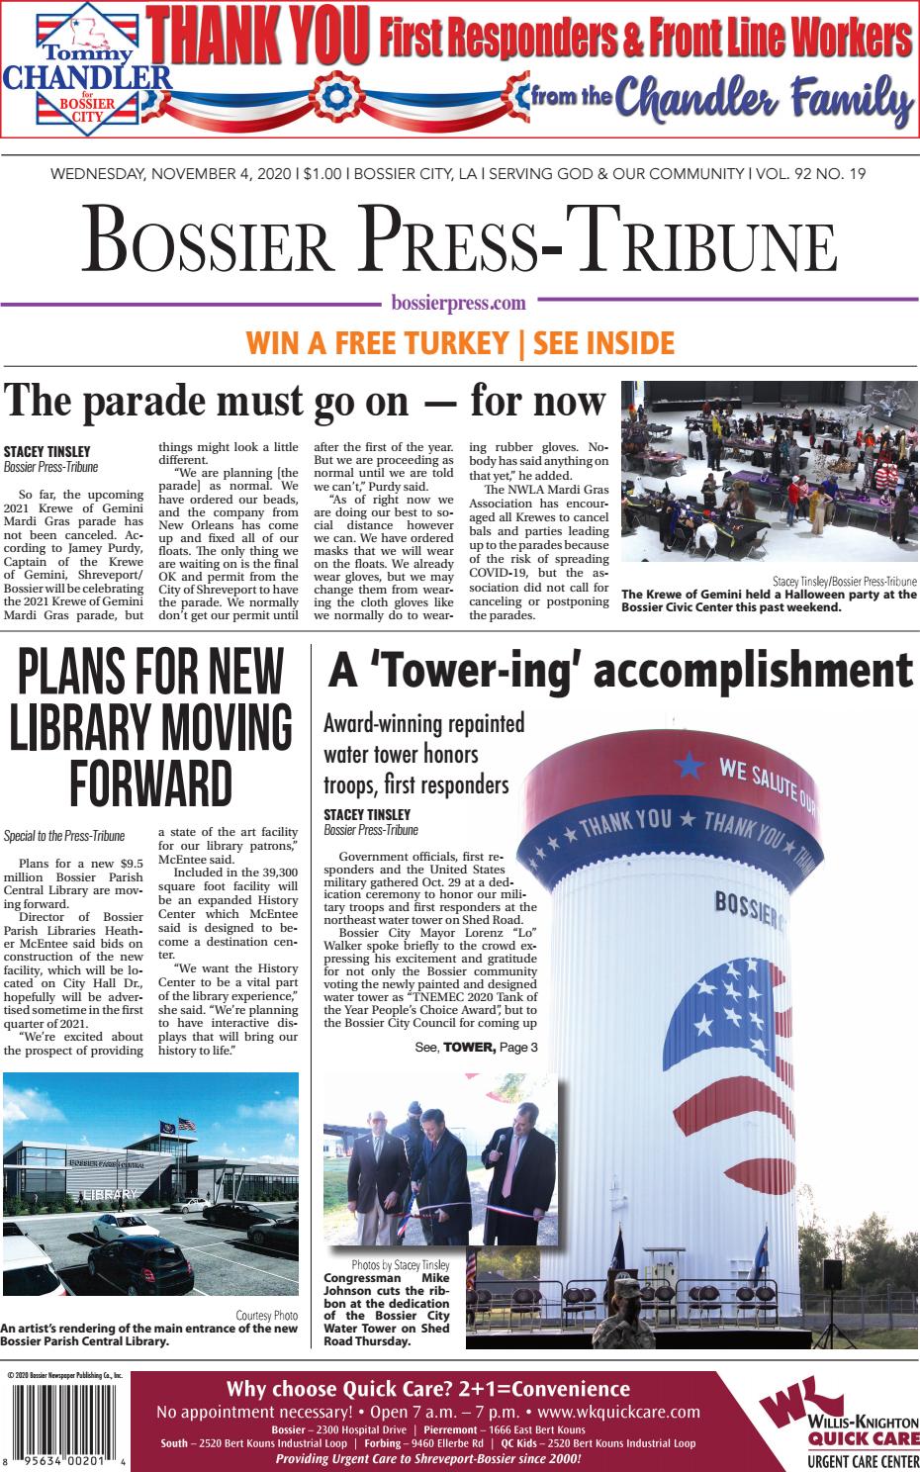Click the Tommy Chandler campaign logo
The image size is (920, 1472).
click(87, 72)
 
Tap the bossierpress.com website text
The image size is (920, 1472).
click(459, 304)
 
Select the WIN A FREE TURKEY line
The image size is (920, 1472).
click(459, 343)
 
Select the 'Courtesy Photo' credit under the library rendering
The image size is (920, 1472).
click(267, 1315)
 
